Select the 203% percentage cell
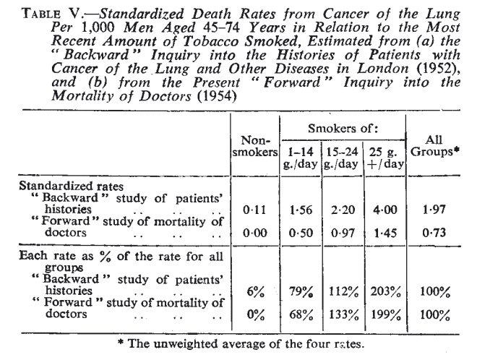point(390,293)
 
